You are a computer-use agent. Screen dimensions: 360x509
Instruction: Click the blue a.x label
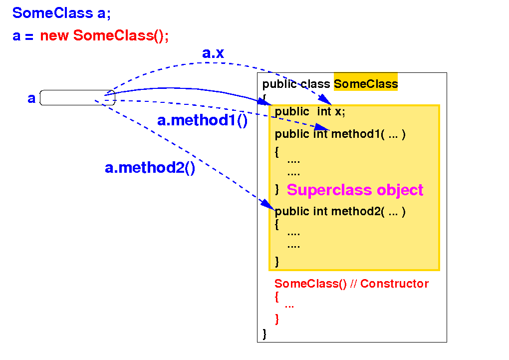[x=213, y=53]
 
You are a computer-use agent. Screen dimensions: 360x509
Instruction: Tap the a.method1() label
[x=202, y=121]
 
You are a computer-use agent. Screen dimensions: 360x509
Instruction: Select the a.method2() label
[x=150, y=168]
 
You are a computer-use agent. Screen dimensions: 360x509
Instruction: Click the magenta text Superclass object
[x=355, y=190]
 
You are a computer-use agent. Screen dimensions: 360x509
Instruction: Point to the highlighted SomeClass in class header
[x=366, y=84]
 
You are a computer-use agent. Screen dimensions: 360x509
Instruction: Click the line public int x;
[x=310, y=112]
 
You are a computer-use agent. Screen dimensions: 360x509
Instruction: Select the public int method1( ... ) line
[x=340, y=134]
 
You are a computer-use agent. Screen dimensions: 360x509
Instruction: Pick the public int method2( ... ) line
[x=340, y=212]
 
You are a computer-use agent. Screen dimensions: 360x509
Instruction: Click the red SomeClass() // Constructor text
[x=351, y=284]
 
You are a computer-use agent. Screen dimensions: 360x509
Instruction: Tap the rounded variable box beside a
[x=77, y=98]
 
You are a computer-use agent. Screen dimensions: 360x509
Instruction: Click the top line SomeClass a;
[x=61, y=13]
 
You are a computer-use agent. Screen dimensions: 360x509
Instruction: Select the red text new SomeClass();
[x=104, y=36]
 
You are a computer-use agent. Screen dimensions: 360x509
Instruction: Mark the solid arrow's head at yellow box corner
[x=265, y=102]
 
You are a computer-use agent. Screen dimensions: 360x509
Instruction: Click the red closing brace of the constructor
[x=277, y=319]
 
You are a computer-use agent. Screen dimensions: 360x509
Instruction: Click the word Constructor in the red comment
[x=394, y=284]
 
